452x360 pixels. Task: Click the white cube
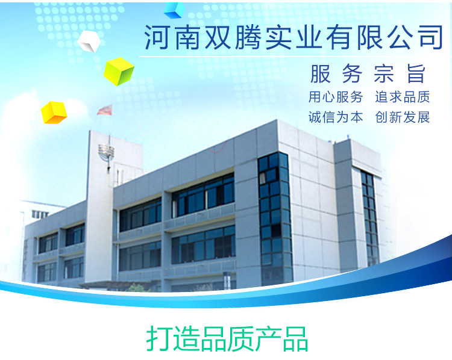[89, 41]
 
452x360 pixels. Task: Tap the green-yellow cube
[119, 71]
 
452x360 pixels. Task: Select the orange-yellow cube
[54, 113]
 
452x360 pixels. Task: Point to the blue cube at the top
[174, 10]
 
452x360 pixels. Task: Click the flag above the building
[104, 110]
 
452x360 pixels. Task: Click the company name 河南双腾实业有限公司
[293, 37]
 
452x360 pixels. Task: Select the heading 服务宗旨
[368, 73]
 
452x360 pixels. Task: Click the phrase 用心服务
[336, 97]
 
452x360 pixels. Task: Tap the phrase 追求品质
[403, 97]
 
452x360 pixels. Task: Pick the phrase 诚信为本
[336, 117]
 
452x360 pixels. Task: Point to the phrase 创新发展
[403, 117]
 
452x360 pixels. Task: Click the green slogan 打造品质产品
[227, 339]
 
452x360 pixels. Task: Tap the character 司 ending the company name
[430, 37]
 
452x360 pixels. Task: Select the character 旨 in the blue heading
[416, 73]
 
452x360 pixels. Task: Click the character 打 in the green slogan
[159, 339]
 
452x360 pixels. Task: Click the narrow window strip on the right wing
[370, 217]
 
